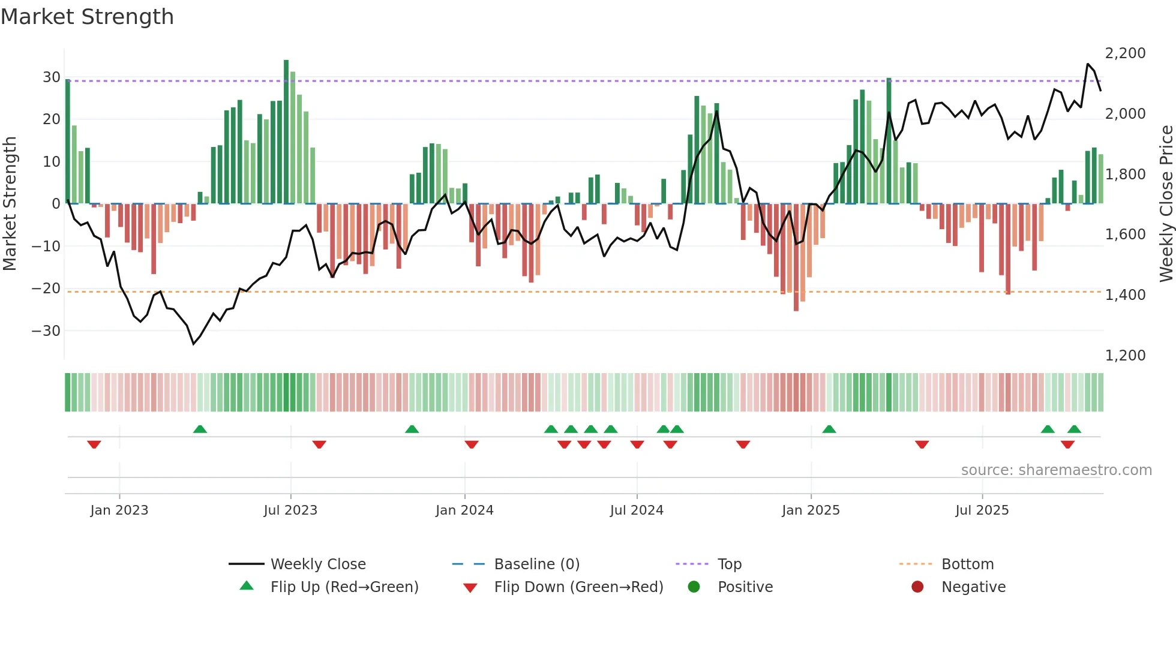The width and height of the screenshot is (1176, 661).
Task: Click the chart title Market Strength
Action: click(x=87, y=17)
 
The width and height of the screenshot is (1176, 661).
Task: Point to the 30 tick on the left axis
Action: click(x=51, y=77)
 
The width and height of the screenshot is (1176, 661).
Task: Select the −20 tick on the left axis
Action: click(x=46, y=289)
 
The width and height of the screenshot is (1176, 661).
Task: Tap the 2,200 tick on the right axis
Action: click(x=1125, y=53)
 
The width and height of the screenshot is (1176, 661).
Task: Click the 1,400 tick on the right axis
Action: click(x=1125, y=295)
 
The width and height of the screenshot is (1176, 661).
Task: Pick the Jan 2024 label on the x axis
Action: click(x=464, y=510)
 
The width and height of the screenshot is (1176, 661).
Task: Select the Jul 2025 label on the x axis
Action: click(x=982, y=510)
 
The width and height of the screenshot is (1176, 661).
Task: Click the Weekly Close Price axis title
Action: click(x=1166, y=203)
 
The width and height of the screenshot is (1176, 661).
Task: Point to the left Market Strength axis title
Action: click(x=10, y=203)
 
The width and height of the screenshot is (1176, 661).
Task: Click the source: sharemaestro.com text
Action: click(x=1056, y=470)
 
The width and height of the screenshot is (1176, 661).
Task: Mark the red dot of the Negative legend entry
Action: click(x=917, y=587)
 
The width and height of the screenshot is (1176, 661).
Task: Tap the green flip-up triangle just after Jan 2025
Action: click(x=829, y=429)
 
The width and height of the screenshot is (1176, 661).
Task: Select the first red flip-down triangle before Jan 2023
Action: click(x=94, y=444)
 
